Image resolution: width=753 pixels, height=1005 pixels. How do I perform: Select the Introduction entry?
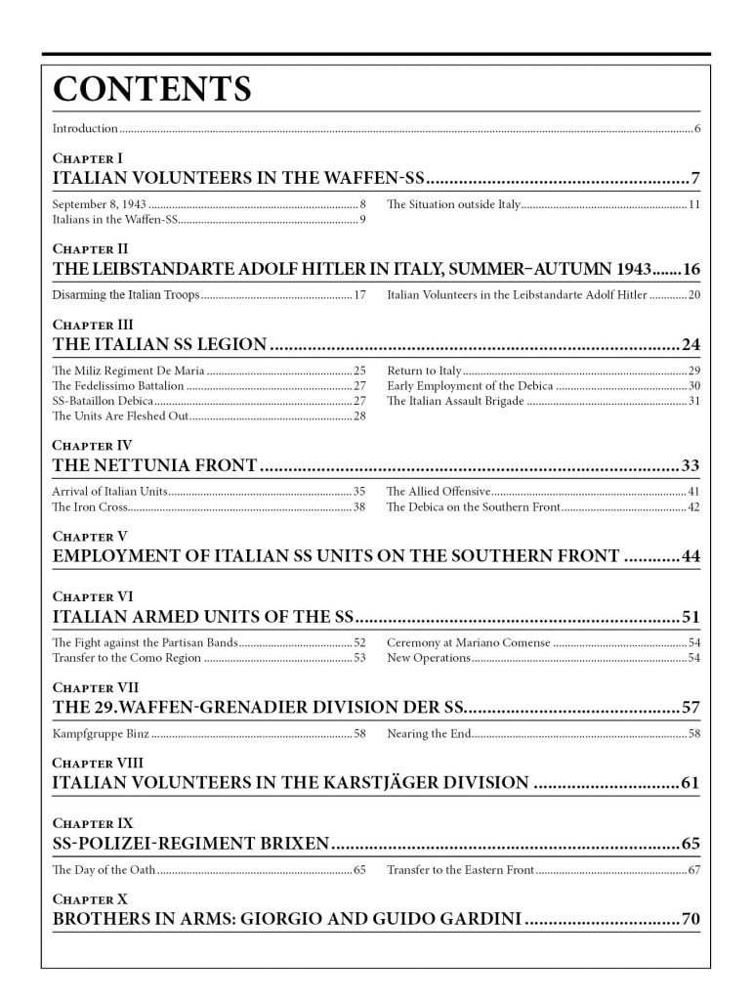pyautogui.click(x=85, y=129)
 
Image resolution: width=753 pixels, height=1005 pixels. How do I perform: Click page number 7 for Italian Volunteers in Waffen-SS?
pyautogui.click(x=694, y=178)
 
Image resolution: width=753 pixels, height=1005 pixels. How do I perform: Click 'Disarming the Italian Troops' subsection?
pyautogui.click(x=125, y=294)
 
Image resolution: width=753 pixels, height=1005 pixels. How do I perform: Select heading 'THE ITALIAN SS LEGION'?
pyautogui.click(x=158, y=344)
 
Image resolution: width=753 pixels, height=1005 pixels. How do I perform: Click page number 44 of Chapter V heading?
pyautogui.click(x=690, y=556)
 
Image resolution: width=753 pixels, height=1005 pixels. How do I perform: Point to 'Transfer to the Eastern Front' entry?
pyautogui.click(x=460, y=869)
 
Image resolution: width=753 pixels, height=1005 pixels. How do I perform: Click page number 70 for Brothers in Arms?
pyautogui.click(x=690, y=919)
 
